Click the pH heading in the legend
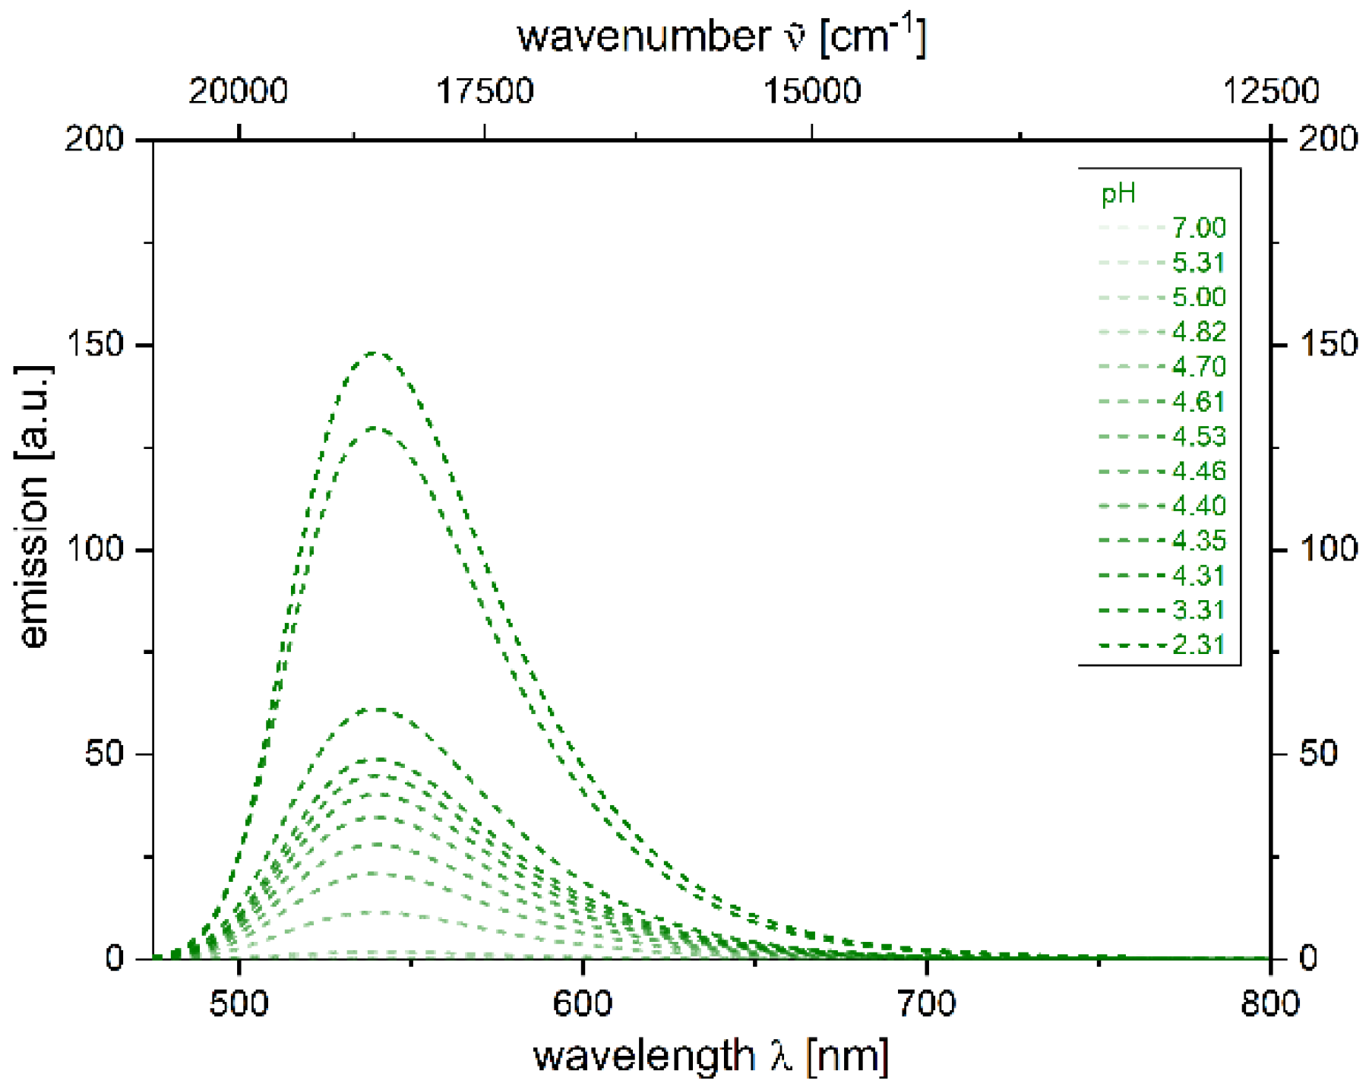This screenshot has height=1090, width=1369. click(1118, 194)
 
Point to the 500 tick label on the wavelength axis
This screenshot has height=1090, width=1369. click(239, 1003)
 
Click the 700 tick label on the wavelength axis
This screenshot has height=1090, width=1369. click(926, 1003)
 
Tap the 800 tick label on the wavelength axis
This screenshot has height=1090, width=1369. click(1270, 1003)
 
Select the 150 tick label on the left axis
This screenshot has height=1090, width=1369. click(95, 345)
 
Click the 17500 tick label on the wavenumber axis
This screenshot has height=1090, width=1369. click(485, 91)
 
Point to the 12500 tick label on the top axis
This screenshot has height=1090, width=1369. click(1270, 91)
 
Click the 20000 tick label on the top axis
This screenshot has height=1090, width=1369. click(239, 91)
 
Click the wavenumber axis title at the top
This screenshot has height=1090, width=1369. click(722, 36)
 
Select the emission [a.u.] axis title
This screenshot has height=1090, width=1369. click(33, 507)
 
